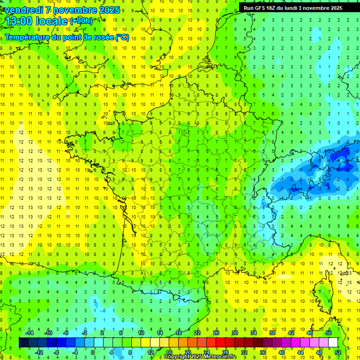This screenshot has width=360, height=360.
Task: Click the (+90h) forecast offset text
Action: click(81, 21)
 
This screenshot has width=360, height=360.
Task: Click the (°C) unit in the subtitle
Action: click(122, 37)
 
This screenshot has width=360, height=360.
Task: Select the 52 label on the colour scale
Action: click(338, 352)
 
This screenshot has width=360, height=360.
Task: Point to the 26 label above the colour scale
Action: click(216, 333)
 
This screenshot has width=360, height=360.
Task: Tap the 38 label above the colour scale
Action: click(272, 333)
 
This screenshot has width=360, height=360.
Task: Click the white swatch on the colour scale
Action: click(333, 343)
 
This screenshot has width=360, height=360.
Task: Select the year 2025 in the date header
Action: click(108, 10)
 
